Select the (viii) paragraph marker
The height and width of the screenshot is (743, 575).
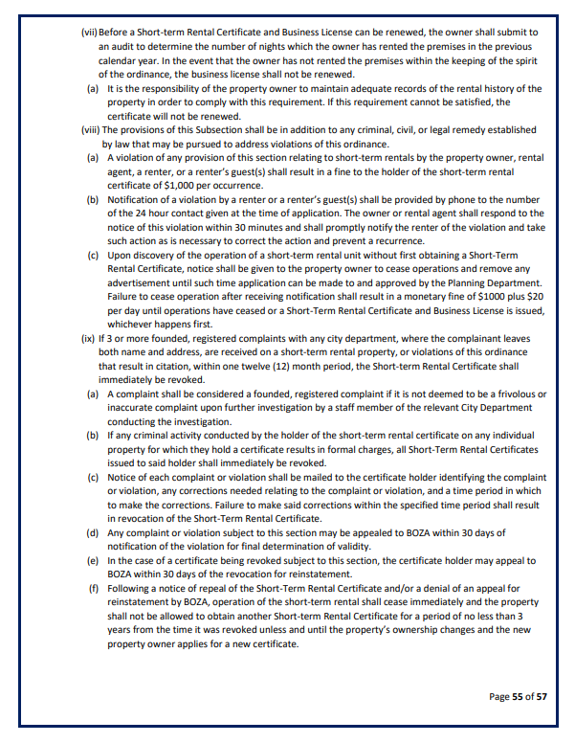click(x=90, y=129)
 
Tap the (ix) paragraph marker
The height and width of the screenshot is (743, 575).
click(x=88, y=339)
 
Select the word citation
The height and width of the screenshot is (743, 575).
click(x=184, y=367)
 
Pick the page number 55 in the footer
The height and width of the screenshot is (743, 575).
click(x=518, y=697)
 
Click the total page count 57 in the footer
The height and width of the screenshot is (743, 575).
click(x=541, y=697)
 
